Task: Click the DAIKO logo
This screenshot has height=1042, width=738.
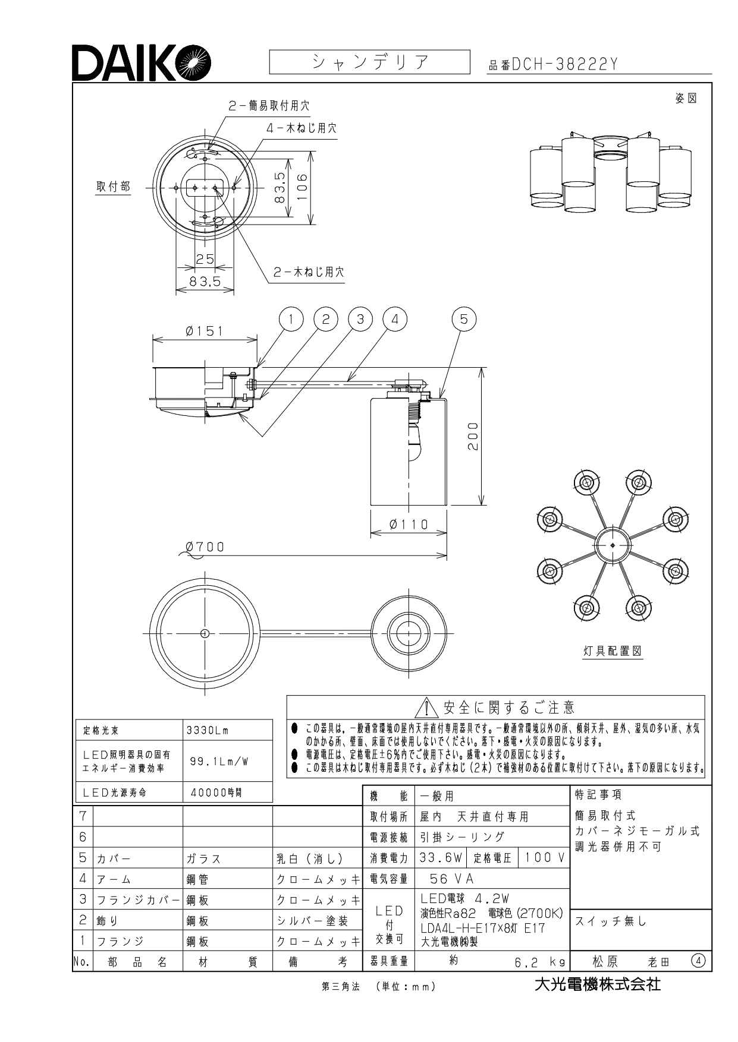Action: tap(142, 62)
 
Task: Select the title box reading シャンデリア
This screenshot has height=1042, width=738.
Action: tap(369, 62)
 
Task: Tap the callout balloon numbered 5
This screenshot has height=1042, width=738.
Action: tap(464, 319)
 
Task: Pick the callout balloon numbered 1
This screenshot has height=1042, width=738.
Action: tap(291, 319)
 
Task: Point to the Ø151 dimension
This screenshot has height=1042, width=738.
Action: tap(205, 331)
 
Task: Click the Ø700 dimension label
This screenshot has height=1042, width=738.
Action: tap(205, 547)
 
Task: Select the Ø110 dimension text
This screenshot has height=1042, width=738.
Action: tap(409, 524)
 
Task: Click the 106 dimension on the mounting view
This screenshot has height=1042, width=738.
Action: tap(303, 188)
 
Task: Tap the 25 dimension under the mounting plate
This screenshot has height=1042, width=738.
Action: tap(205, 259)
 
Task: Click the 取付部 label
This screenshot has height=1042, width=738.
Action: tap(113, 187)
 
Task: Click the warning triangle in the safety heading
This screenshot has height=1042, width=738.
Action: tap(429, 708)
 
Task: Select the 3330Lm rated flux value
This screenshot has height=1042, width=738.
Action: tap(208, 731)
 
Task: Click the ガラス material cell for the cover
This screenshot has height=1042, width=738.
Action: tap(203, 858)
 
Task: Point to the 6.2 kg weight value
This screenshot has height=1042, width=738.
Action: tap(539, 961)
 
